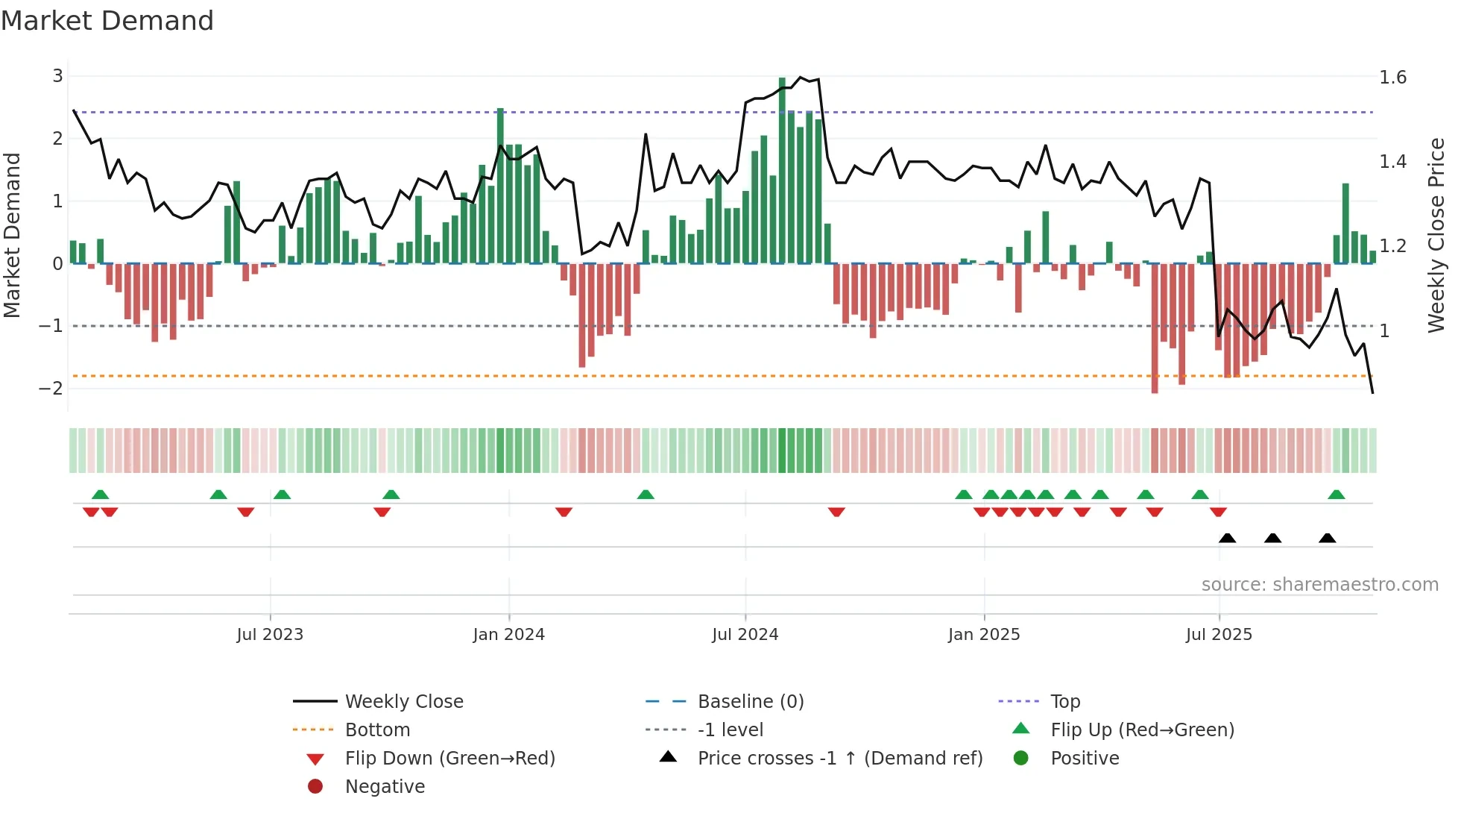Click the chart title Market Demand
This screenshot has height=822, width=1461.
[x=107, y=20]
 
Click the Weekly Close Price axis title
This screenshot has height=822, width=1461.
[x=1436, y=235]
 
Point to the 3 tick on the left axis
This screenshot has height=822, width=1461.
[x=57, y=75]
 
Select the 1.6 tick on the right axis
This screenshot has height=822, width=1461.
[x=1392, y=78]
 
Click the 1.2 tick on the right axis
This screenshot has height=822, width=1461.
[x=1392, y=246]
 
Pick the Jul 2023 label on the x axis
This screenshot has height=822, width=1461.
[x=270, y=635]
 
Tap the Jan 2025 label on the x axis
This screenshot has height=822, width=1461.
[x=984, y=635]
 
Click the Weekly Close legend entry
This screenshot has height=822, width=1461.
[x=404, y=702]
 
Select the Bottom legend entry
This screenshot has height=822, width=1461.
[x=377, y=730]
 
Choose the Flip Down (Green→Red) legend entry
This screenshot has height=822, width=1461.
[x=449, y=759]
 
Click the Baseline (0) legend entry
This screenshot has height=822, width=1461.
[x=751, y=702]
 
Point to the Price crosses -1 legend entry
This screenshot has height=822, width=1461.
[x=840, y=759]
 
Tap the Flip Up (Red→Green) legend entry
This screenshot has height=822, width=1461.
[x=1142, y=730]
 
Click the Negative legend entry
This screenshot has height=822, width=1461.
[x=385, y=787]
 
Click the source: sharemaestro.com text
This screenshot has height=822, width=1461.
[x=1319, y=585]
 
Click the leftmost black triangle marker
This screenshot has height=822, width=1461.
[x=1227, y=538]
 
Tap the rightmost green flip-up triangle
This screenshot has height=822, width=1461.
[x=1337, y=495]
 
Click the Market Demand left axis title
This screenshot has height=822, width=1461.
[x=13, y=235]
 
